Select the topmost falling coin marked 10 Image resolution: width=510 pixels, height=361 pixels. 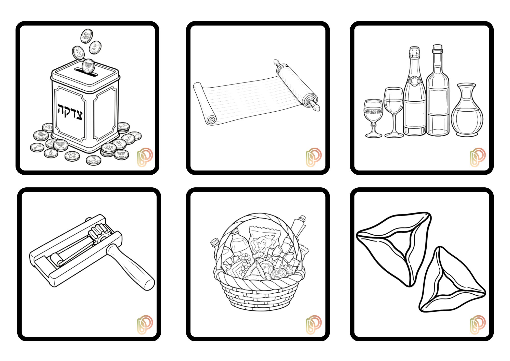(x=87, y=36)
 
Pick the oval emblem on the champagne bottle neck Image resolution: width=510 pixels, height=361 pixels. (x=414, y=81)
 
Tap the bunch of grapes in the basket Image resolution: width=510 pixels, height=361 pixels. (x=243, y=263)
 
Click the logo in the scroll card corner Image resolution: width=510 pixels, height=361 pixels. (x=313, y=157)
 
